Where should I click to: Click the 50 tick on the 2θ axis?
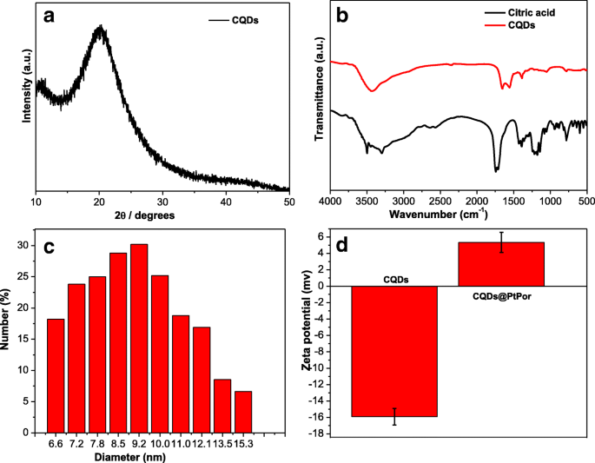pos(288,202)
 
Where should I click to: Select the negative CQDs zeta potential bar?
pos(394,351)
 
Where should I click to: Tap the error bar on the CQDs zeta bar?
pos(394,416)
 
